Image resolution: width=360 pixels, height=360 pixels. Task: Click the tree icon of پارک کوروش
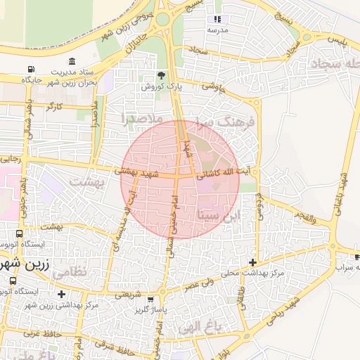(x=161, y=75)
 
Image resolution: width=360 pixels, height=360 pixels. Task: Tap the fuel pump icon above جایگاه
(x=30, y=69)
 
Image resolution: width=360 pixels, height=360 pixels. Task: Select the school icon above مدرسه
(x=217, y=19)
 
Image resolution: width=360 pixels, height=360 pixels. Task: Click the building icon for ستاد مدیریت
(x=75, y=61)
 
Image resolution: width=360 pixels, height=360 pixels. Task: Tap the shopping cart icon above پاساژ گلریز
(x=150, y=299)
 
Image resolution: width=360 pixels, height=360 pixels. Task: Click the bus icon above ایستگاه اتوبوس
(x=19, y=234)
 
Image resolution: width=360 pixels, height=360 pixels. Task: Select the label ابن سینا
(x=219, y=214)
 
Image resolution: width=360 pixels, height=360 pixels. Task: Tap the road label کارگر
(x=54, y=105)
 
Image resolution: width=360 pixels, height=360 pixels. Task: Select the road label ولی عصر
(x=198, y=285)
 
